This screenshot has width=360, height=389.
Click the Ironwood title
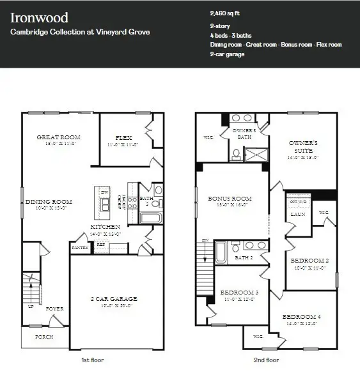click(40, 17)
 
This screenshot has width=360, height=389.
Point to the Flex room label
click(123, 137)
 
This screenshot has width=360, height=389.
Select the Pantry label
click(80, 247)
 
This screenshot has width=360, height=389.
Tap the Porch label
click(43, 337)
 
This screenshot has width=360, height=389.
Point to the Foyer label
click(55, 309)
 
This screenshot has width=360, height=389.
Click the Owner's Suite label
click(303, 143)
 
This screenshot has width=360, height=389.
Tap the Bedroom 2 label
click(309, 261)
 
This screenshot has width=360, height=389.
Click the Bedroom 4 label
click(302, 317)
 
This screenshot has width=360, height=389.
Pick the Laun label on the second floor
click(297, 215)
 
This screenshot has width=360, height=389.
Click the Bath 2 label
click(245, 257)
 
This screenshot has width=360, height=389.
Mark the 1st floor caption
click(92, 360)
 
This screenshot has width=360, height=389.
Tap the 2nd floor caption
click(265, 360)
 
